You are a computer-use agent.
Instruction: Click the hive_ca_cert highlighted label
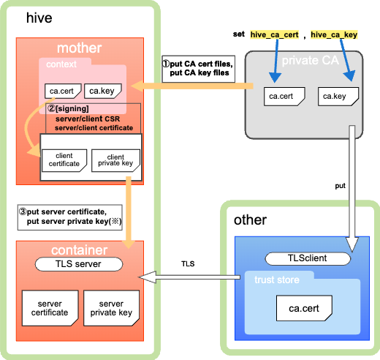(x=274, y=34)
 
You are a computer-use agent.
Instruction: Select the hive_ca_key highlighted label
(x=334, y=34)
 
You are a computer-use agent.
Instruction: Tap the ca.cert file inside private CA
(x=284, y=97)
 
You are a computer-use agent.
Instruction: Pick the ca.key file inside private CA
(x=338, y=97)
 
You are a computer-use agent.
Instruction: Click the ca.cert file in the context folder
(x=63, y=91)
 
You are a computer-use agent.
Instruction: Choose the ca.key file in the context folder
(x=103, y=91)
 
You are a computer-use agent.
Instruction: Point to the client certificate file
(x=64, y=160)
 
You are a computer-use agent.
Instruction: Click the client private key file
(x=115, y=160)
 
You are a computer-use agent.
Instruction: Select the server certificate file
(x=50, y=308)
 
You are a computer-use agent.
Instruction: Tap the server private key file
(x=111, y=308)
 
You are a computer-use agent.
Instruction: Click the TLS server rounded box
(x=79, y=264)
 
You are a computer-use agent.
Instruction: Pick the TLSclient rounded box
(x=308, y=258)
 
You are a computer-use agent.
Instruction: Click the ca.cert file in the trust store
(x=304, y=308)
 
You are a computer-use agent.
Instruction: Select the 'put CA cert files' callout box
(x=199, y=69)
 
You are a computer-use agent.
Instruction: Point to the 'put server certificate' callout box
(x=70, y=217)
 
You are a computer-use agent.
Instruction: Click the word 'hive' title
(x=39, y=18)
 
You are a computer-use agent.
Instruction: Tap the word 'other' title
(x=250, y=220)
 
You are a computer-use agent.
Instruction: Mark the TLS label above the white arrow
(x=188, y=264)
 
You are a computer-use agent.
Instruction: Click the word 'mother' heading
(x=80, y=48)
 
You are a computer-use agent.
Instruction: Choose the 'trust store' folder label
(x=277, y=280)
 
